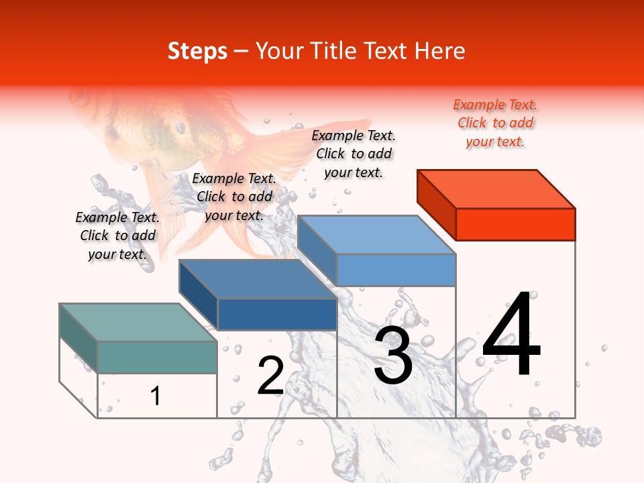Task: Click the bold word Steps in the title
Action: (x=197, y=51)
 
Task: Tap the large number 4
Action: (x=511, y=335)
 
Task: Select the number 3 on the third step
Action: (x=393, y=355)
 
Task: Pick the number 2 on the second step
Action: (x=270, y=376)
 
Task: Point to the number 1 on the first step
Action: (x=156, y=396)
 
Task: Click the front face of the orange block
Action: (x=515, y=224)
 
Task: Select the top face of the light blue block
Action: (x=377, y=235)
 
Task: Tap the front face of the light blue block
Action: (x=396, y=270)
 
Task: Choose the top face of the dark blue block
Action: (x=258, y=279)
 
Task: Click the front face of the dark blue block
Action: (x=277, y=314)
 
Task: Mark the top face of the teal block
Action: (x=138, y=322)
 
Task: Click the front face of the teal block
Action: (x=157, y=357)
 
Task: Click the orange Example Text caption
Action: (x=495, y=123)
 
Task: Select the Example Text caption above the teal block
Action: (x=117, y=235)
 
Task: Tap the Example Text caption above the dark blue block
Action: (x=234, y=197)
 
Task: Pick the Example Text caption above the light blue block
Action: (x=354, y=154)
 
